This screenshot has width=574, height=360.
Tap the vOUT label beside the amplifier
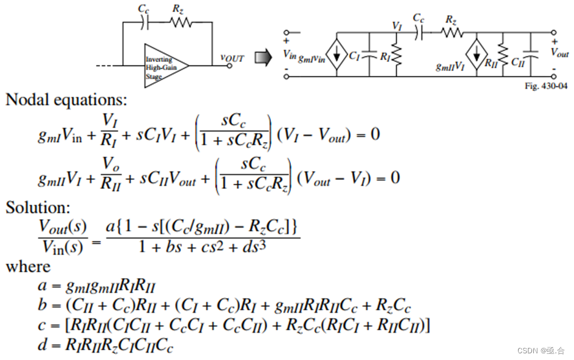(231, 58)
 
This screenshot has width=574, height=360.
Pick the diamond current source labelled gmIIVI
(477, 49)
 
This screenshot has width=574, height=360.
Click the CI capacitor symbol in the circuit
(369, 55)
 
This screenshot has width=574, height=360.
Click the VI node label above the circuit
(397, 26)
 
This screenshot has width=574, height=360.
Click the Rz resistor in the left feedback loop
(180, 22)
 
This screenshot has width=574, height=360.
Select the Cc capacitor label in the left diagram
(143, 10)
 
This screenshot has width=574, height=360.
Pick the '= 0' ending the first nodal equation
(368, 134)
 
